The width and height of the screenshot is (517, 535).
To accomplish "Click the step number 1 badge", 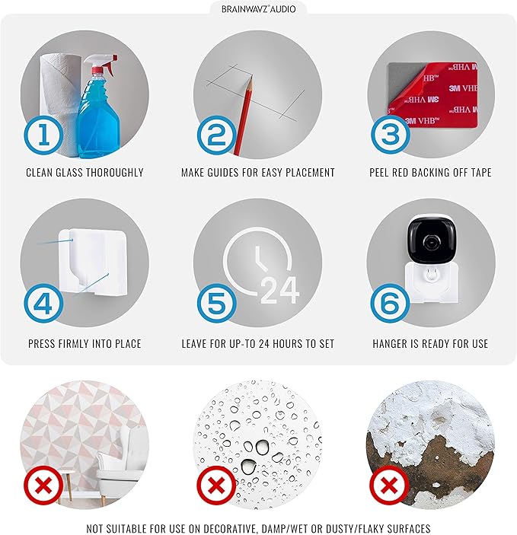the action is [x=43, y=135].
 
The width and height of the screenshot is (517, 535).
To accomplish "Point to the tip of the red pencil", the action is [x=251, y=78].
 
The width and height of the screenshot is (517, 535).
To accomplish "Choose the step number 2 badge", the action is [x=217, y=135].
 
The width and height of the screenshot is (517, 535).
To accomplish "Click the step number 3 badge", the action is [x=391, y=134].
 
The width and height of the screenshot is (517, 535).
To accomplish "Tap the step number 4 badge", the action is [x=43, y=304].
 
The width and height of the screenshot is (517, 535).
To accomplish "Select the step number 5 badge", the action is [x=217, y=304].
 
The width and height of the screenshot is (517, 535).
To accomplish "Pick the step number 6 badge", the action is [x=391, y=304].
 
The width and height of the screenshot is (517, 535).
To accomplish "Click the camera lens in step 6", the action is [x=432, y=242].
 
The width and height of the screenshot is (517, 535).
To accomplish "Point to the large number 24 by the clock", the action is [x=280, y=291].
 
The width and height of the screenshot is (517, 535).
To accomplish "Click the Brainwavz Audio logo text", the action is [x=259, y=9].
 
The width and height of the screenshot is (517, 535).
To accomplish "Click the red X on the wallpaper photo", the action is [x=43, y=485].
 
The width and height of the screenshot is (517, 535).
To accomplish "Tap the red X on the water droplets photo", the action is [x=216, y=485].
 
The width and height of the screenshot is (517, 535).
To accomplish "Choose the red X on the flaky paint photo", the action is [x=390, y=485].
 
